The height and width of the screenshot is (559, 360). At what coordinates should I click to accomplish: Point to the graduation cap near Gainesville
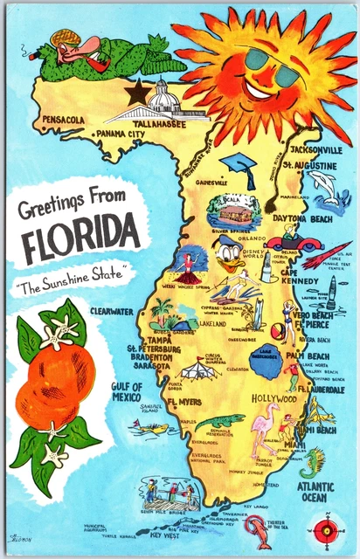click(237, 165)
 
